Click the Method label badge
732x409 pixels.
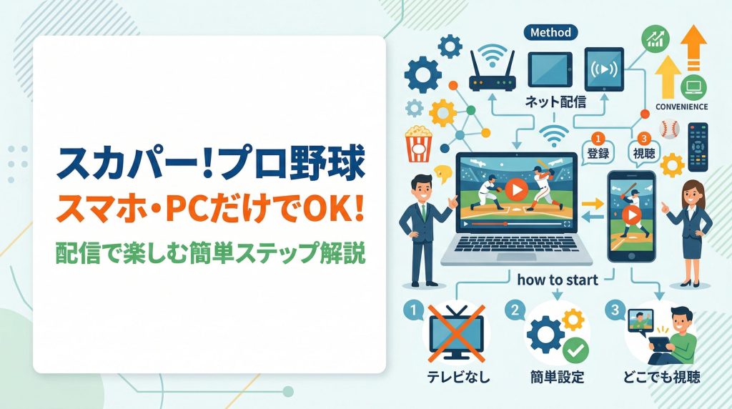click(551, 32)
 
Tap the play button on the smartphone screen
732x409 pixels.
click(630, 214)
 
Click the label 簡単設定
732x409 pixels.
click(558, 377)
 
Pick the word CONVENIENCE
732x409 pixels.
click(681, 107)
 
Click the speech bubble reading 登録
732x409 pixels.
click(598, 151)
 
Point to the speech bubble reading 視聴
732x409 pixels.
click(640, 151)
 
